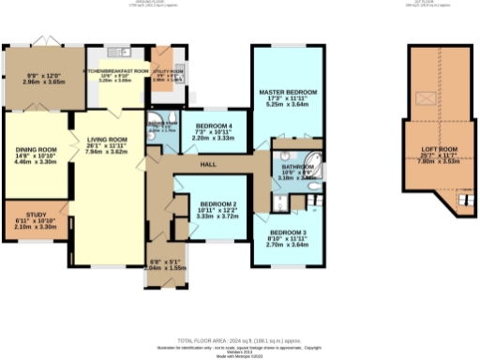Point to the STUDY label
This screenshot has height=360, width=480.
pos(36,214)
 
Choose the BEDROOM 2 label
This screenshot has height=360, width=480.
pos(216,203)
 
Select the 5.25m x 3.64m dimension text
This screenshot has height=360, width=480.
pos(288,105)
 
